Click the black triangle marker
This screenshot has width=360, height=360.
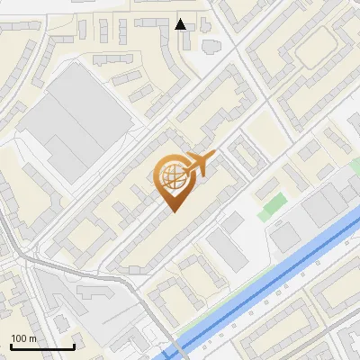pos(181,24)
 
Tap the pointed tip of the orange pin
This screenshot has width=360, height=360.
pos(171,212)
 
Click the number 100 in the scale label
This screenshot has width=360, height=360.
pos(18,338)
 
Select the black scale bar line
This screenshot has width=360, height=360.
pos(42,347)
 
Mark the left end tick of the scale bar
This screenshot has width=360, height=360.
pos(11,346)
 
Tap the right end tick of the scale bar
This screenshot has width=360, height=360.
pos(74,346)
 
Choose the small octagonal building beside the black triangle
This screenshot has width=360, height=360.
pos(211,45)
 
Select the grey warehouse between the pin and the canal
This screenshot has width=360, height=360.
pos(226,250)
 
